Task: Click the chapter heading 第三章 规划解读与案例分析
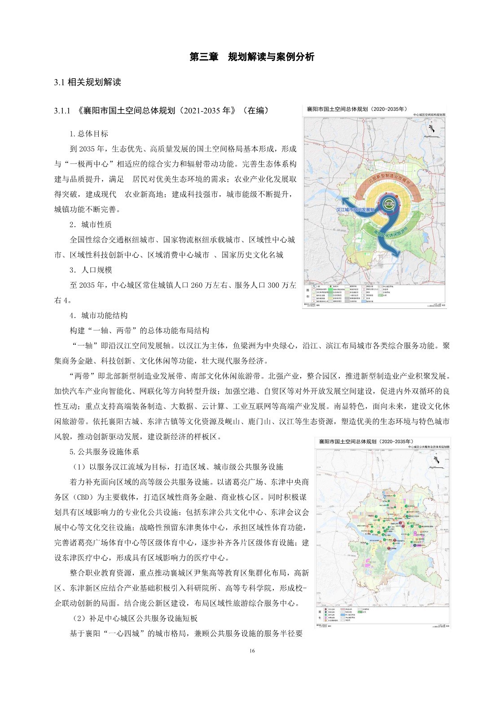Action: pos(252,57)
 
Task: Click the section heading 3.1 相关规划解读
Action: pos(88,83)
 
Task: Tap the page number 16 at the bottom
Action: pos(252,651)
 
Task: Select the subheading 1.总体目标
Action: pos(88,134)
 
